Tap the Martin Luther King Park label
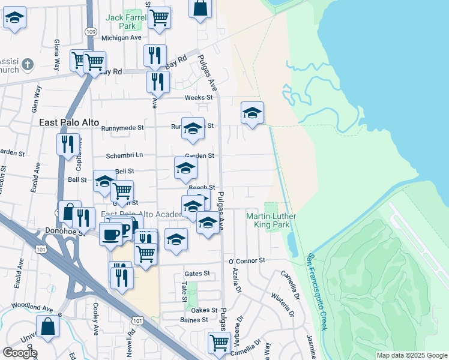click(x=268, y=220)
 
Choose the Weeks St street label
click(x=199, y=97)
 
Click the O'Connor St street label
click(x=246, y=261)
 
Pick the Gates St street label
click(x=197, y=273)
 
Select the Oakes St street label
click(x=204, y=310)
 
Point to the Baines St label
click(x=194, y=320)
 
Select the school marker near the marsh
click(x=253, y=112)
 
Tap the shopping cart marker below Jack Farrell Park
click(x=159, y=17)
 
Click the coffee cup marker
click(x=110, y=235)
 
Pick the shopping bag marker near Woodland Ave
click(x=48, y=327)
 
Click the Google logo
click(x=20, y=353)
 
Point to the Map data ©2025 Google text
click(x=411, y=355)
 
